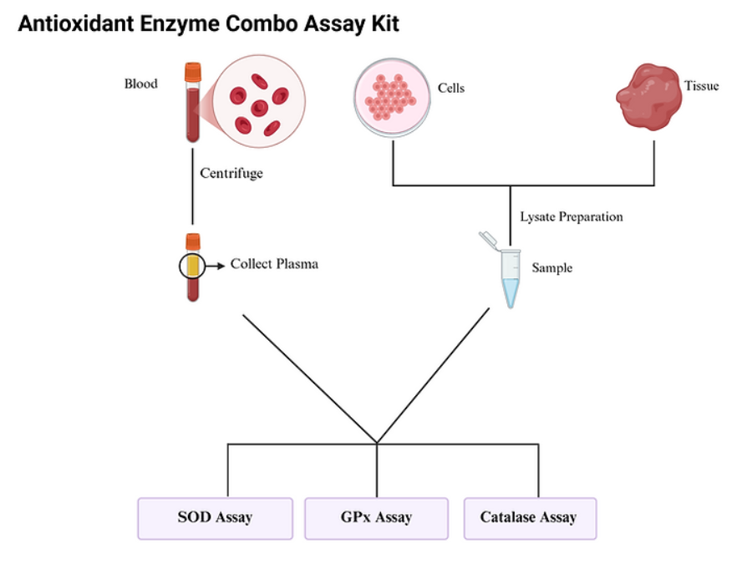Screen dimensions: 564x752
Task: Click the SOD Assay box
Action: pyautogui.click(x=215, y=518)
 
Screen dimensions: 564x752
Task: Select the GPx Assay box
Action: pyautogui.click(x=376, y=518)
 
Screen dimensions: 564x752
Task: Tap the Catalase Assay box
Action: pyautogui.click(x=529, y=518)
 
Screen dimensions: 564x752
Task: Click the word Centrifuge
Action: pyautogui.click(x=231, y=174)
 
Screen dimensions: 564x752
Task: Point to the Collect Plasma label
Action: pyautogui.click(x=274, y=264)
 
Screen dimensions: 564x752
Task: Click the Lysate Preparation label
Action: pyautogui.click(x=572, y=216)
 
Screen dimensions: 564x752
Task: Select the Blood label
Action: pyautogui.click(x=140, y=84)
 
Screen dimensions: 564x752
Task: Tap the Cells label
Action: pyautogui.click(x=451, y=88)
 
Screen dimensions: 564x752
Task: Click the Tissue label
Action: pyautogui.click(x=701, y=85)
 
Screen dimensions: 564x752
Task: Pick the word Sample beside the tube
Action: pyautogui.click(x=552, y=268)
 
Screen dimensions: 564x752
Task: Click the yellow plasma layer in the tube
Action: pyautogui.click(x=193, y=266)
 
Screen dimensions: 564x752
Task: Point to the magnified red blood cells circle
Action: pyautogui.click(x=259, y=102)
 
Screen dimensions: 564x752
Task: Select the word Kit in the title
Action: pyautogui.click(x=383, y=24)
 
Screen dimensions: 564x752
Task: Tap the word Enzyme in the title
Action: pyautogui.click(x=179, y=24)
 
